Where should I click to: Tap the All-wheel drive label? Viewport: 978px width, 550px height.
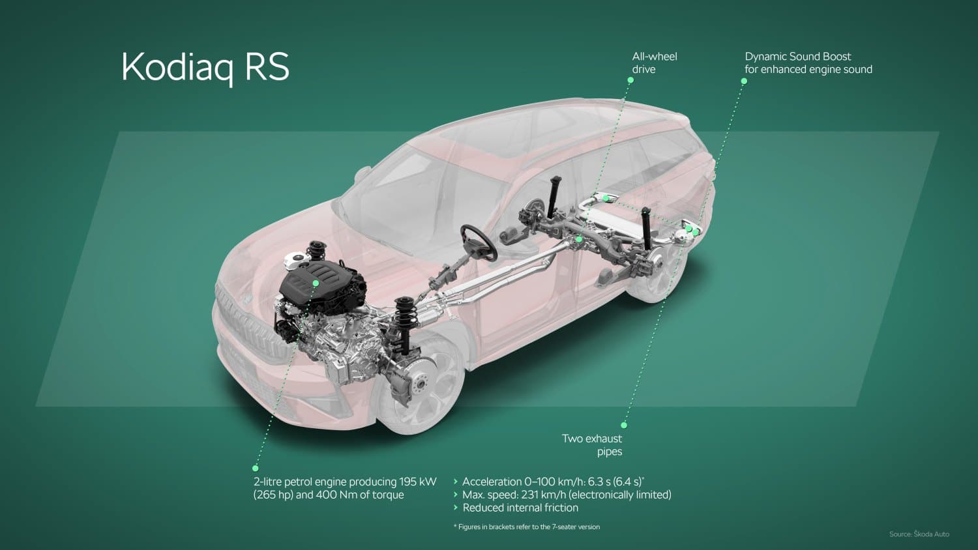655,63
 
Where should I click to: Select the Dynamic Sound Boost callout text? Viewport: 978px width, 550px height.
808,63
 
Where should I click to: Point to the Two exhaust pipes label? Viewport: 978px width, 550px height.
592,445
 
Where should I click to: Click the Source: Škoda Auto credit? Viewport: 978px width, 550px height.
919,534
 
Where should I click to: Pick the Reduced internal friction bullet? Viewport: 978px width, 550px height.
516,508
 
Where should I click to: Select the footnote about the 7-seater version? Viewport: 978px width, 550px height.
527,527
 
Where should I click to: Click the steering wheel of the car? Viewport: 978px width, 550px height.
479,242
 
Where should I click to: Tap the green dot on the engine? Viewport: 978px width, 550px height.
315,283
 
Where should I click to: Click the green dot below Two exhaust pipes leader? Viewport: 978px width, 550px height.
624,425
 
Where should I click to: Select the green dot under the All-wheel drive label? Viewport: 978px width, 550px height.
630,80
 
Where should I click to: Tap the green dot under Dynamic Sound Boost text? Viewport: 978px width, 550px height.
744,81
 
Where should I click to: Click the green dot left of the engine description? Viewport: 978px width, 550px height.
256,469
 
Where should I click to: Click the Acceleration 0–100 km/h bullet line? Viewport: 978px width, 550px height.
549,482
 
